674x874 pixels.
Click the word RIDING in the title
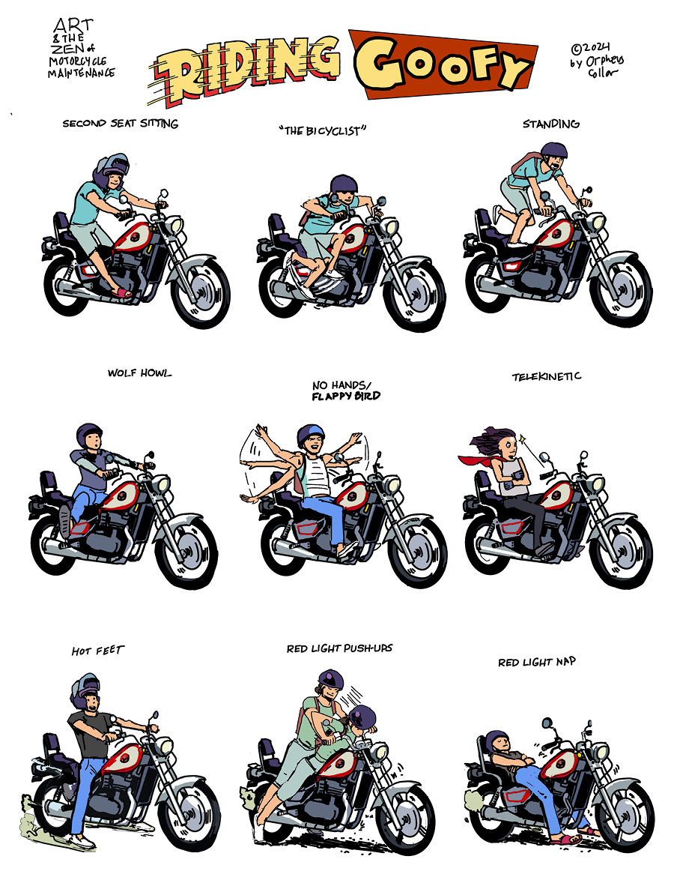[x=245, y=70]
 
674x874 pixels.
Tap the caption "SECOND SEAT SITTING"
[x=121, y=123]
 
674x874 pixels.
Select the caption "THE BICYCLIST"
[x=323, y=131]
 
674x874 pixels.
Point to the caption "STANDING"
[x=551, y=124]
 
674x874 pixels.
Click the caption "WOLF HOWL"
[x=139, y=373]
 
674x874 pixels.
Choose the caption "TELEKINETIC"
[x=547, y=377]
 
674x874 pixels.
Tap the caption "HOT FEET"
[x=98, y=650]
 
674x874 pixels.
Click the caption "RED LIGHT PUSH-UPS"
[x=340, y=648]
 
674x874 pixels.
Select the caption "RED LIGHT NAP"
[x=537, y=662]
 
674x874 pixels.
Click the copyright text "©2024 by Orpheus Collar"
[x=596, y=60]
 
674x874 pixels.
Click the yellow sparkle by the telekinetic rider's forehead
[x=523, y=439]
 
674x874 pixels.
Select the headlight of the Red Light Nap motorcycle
[x=600, y=751]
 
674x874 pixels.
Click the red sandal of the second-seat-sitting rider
[x=121, y=292]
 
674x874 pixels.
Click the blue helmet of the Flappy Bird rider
[x=310, y=434]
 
